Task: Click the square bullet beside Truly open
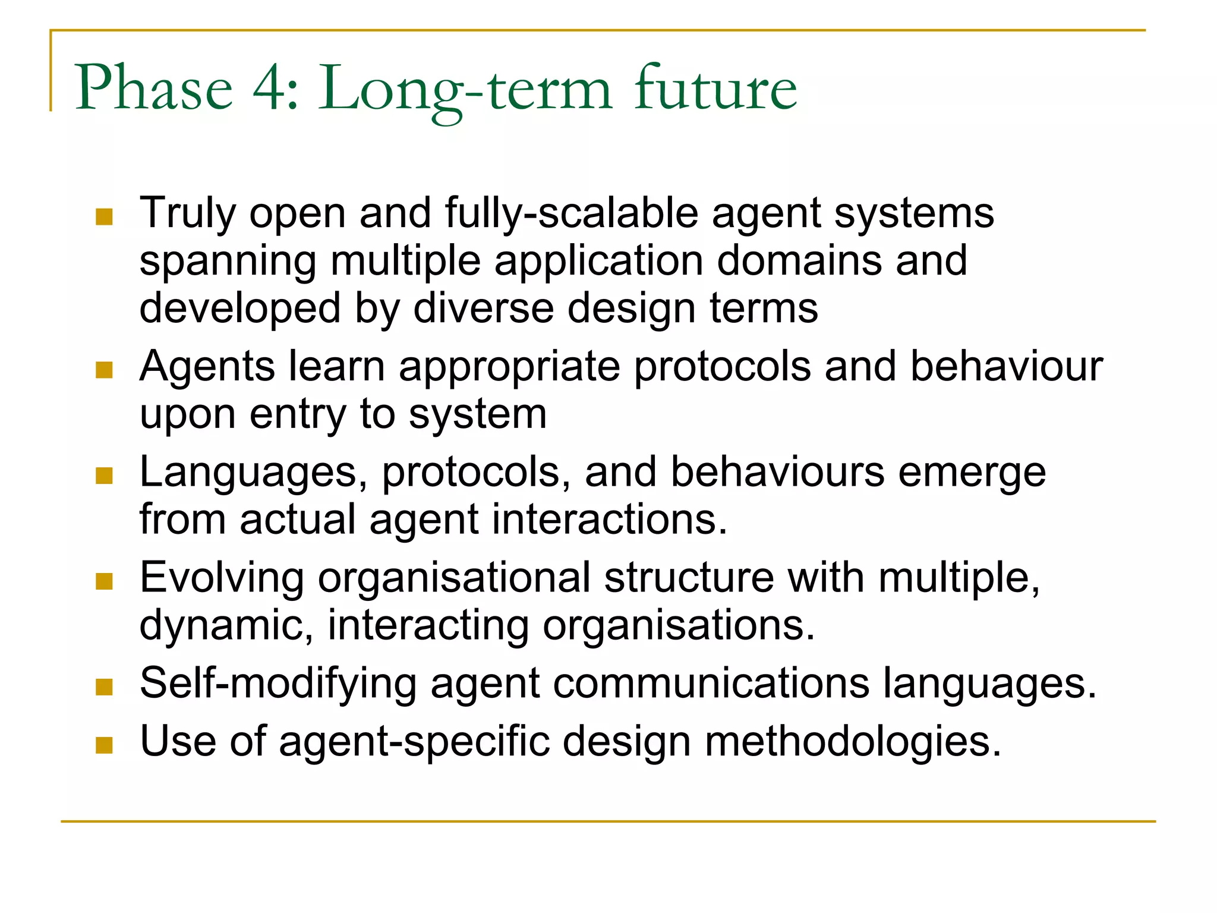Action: coord(104,217)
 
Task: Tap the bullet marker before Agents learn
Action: coord(104,370)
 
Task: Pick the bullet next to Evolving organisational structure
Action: coord(104,581)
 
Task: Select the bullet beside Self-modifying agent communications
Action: coord(104,687)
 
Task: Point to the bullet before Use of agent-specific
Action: coord(104,745)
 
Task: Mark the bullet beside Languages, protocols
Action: coord(104,476)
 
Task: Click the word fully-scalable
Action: coord(571,214)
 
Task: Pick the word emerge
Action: coord(972,474)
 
